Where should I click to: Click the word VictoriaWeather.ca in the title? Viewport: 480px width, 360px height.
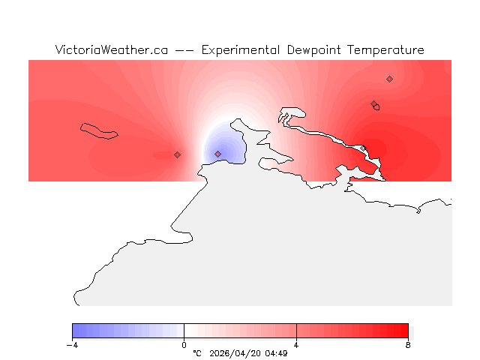coord(111,50)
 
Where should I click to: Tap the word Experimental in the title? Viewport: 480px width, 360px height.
coord(241,50)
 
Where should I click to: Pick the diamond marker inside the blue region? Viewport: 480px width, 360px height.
coord(217,154)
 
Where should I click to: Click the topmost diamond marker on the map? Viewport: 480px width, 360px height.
coord(389,79)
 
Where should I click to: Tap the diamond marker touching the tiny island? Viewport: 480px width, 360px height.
coord(373,104)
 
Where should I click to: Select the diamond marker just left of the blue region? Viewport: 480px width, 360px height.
coord(177,154)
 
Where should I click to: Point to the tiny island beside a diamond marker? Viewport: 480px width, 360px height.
coord(376,107)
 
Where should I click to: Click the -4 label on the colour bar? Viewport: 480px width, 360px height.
coord(72,345)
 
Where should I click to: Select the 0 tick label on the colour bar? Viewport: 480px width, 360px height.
coord(184,345)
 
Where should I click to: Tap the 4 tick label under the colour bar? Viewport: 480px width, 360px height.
coord(296,345)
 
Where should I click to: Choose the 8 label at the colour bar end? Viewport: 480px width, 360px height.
coord(408,345)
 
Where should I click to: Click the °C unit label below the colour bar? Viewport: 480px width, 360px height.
coord(197,353)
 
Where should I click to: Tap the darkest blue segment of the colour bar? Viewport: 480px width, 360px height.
coord(76,331)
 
